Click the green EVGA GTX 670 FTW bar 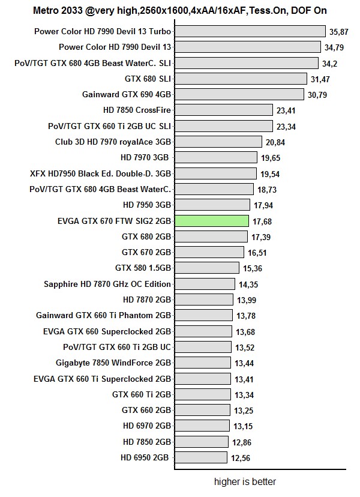[x=211, y=221]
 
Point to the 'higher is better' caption [x=245, y=481]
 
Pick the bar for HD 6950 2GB [x=201, y=457]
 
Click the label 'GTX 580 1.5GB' [x=143, y=268]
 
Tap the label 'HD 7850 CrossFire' [x=137, y=110]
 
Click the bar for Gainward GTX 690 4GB [x=239, y=94]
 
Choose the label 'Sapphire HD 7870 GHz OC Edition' [x=107, y=284]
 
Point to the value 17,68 [x=262, y=221]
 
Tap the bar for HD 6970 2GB [x=202, y=426]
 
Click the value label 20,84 [x=276, y=142]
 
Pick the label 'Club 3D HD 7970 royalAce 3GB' [x=113, y=142]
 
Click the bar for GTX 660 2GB [x=202, y=410]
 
